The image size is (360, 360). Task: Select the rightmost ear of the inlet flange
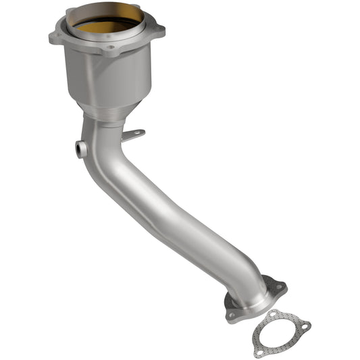[159, 30]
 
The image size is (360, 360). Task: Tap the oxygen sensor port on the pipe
[81, 149]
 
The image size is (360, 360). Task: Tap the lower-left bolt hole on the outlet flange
[232, 314]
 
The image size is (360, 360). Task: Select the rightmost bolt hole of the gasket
[306, 326]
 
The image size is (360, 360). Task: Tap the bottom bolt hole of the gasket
[259, 351]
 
